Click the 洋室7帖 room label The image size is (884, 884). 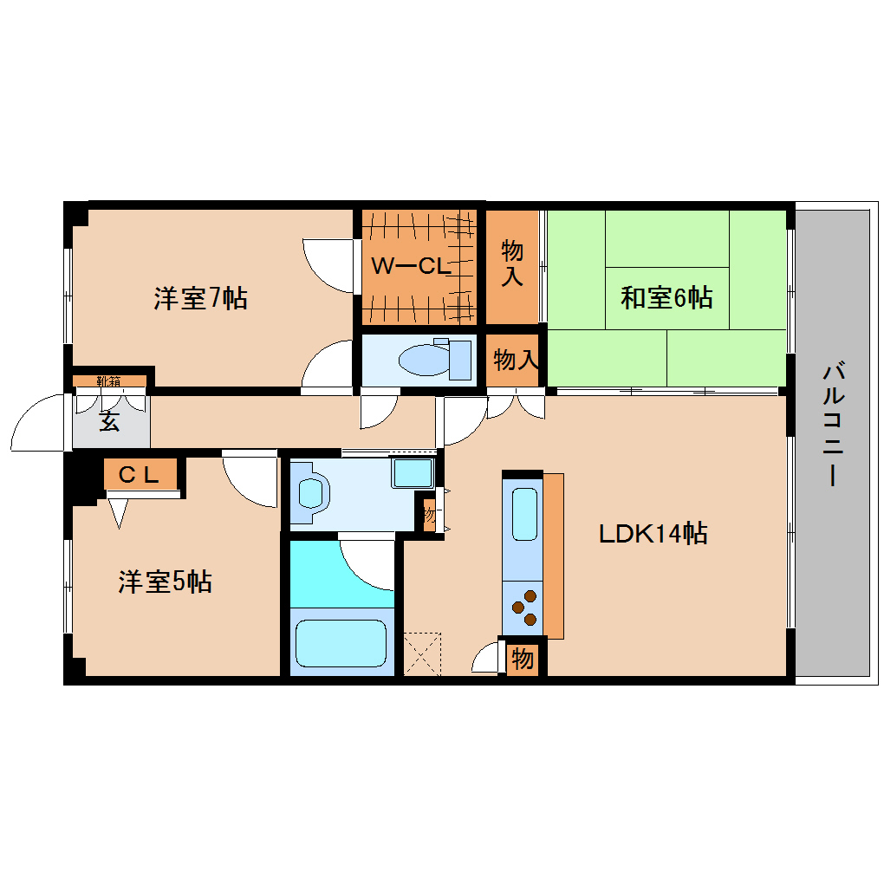click(x=200, y=300)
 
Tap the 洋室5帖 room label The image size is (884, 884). click(x=165, y=582)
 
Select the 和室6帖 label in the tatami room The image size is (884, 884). click(x=666, y=298)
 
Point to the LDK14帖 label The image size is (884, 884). click(x=653, y=533)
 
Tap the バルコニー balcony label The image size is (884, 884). click(x=833, y=425)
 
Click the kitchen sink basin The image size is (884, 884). click(x=523, y=513)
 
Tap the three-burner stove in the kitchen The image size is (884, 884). click(x=523, y=607)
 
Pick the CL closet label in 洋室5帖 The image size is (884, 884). click(x=139, y=474)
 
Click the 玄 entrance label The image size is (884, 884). click(x=107, y=423)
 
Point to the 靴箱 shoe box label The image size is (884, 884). click(x=109, y=380)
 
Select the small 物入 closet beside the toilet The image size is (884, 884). click(x=516, y=359)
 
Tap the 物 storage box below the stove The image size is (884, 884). click(x=522, y=660)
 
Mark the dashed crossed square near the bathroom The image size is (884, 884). click(x=422, y=653)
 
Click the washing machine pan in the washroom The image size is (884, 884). click(x=413, y=473)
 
